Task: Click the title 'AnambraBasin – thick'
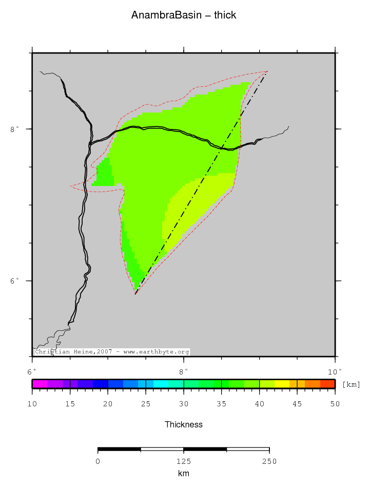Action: (x=184, y=15)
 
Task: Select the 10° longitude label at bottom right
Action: (x=335, y=371)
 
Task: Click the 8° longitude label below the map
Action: (x=183, y=371)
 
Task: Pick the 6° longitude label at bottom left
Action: (x=32, y=371)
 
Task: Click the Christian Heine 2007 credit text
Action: (x=112, y=352)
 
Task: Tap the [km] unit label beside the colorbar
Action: (x=351, y=384)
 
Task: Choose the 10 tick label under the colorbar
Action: (x=32, y=404)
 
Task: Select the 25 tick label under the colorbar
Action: (x=146, y=404)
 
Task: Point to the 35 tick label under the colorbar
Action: (x=221, y=404)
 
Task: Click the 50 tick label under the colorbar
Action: (x=335, y=404)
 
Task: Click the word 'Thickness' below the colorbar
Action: (x=184, y=424)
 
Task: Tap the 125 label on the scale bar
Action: (x=183, y=461)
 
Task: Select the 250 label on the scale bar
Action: (x=269, y=461)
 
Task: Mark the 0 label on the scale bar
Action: (x=98, y=461)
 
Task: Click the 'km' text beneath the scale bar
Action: (x=183, y=473)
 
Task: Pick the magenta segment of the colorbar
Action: (x=40, y=384)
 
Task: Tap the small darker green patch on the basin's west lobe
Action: (x=104, y=173)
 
